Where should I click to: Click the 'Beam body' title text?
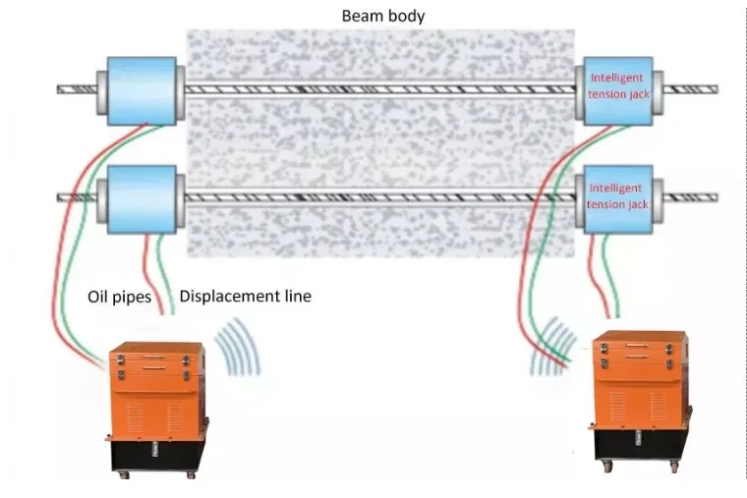[x=382, y=16]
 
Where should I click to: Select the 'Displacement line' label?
[x=245, y=296]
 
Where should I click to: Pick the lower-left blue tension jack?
[x=142, y=197]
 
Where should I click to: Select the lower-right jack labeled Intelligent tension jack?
[x=617, y=197]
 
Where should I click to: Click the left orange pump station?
[x=157, y=393]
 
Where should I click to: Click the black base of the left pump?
[x=158, y=458]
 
